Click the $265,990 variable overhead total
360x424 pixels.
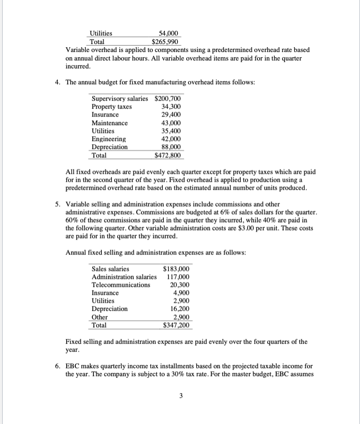click(x=165, y=41)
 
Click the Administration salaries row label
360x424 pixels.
click(x=124, y=277)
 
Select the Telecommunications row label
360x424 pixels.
click(x=120, y=285)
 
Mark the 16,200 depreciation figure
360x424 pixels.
click(x=180, y=308)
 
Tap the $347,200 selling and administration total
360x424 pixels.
click(x=177, y=325)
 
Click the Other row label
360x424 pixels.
click(x=100, y=317)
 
